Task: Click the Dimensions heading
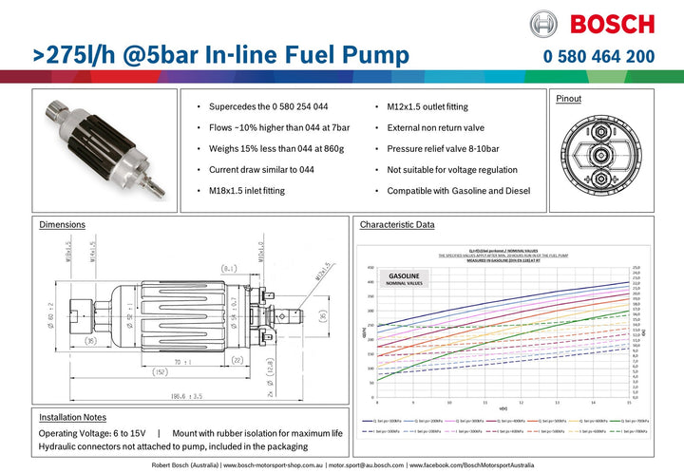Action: [62, 225]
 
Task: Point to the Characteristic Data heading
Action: [397, 225]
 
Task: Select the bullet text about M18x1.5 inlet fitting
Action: [246, 190]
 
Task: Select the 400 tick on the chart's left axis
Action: [370, 282]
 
